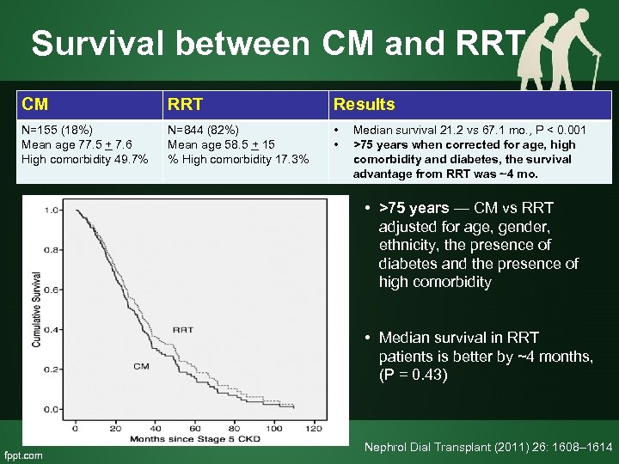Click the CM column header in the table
tap(35, 104)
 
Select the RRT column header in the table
tap(186, 104)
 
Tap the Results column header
tap(364, 104)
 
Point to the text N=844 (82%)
tap(204, 131)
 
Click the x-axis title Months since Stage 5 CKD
tap(196, 439)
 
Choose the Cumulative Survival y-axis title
tap(35, 309)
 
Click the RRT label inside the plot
tap(182, 329)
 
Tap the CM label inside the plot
tap(141, 367)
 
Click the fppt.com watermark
tap(23, 455)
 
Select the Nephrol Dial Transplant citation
tap(487, 447)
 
